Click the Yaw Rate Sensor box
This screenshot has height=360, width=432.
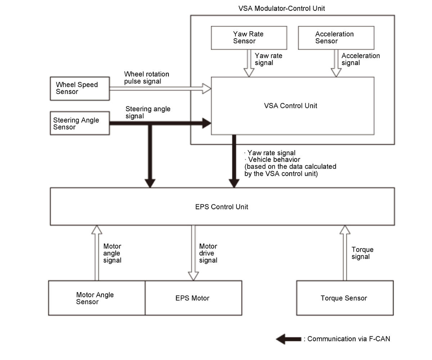pos(249,37)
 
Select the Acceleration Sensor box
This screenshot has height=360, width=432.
pos(336,37)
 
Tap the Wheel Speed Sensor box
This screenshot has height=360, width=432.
pos(80,88)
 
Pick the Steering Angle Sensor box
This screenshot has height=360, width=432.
pos(80,123)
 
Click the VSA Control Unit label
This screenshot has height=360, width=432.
pos(291,106)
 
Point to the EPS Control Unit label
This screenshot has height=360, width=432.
pos(221,207)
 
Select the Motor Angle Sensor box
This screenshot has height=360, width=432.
pos(96,298)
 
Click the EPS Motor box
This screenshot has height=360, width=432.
pos(193,298)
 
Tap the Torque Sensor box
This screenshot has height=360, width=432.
pos(345,298)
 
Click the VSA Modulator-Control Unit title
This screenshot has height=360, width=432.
pos(282,8)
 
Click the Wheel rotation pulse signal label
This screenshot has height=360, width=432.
pos(147,78)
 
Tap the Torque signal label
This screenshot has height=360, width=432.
pos(362,253)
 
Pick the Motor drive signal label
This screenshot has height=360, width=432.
pos(208,253)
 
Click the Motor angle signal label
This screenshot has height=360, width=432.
pos(112,253)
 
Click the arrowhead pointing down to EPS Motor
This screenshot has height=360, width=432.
pos(193,276)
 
